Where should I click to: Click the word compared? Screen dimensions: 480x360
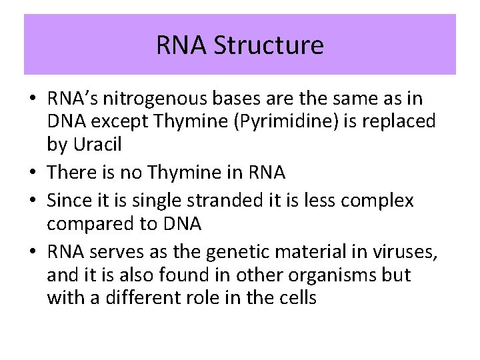coord(90,223)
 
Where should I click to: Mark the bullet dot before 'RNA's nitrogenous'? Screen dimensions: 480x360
coord(33,99)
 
